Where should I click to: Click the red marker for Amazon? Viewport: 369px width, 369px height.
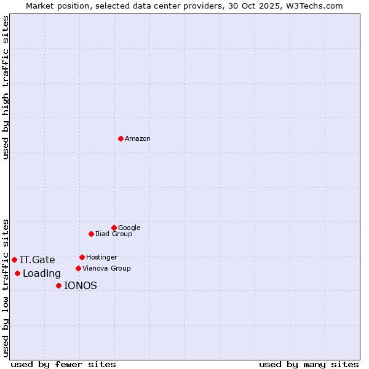[121, 138]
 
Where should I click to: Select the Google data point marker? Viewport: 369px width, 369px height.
[114, 228]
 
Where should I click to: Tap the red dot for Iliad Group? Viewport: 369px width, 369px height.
[91, 234]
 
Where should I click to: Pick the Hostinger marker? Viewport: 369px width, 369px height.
[82, 257]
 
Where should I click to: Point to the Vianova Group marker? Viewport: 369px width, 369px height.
[78, 268]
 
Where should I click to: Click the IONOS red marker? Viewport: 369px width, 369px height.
[58, 285]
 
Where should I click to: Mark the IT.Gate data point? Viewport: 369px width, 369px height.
[14, 260]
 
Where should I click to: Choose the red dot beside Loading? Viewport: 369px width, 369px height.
[17, 273]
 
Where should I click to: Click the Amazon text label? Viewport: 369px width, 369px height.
[138, 139]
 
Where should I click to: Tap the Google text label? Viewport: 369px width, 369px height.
[129, 228]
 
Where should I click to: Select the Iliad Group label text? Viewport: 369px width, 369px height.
[114, 234]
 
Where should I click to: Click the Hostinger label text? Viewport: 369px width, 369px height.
[101, 258]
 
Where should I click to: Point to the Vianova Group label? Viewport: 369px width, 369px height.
[106, 269]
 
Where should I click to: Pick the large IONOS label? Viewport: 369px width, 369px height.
[81, 286]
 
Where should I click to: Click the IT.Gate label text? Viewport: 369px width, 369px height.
[38, 260]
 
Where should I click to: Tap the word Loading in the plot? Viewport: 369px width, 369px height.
[42, 274]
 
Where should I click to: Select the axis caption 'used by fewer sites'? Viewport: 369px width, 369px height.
[63, 364]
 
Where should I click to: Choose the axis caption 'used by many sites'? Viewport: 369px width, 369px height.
[309, 364]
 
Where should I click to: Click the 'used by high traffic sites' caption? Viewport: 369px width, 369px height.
[6, 87]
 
